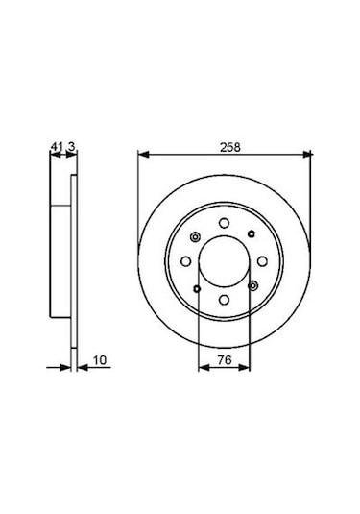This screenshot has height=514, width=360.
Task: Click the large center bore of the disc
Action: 224,262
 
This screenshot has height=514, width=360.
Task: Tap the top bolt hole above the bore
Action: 224,225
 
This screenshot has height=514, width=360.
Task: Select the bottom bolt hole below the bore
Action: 224,300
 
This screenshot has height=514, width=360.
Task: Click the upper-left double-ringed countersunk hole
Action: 196,238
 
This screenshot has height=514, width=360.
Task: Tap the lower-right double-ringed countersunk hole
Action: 252,285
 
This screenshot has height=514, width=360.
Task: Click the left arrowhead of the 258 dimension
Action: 142,154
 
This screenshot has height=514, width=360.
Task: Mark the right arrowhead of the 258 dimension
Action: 307,154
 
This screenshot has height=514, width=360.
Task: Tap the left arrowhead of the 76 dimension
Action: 202,366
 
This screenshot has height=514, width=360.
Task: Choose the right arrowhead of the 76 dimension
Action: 247,366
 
